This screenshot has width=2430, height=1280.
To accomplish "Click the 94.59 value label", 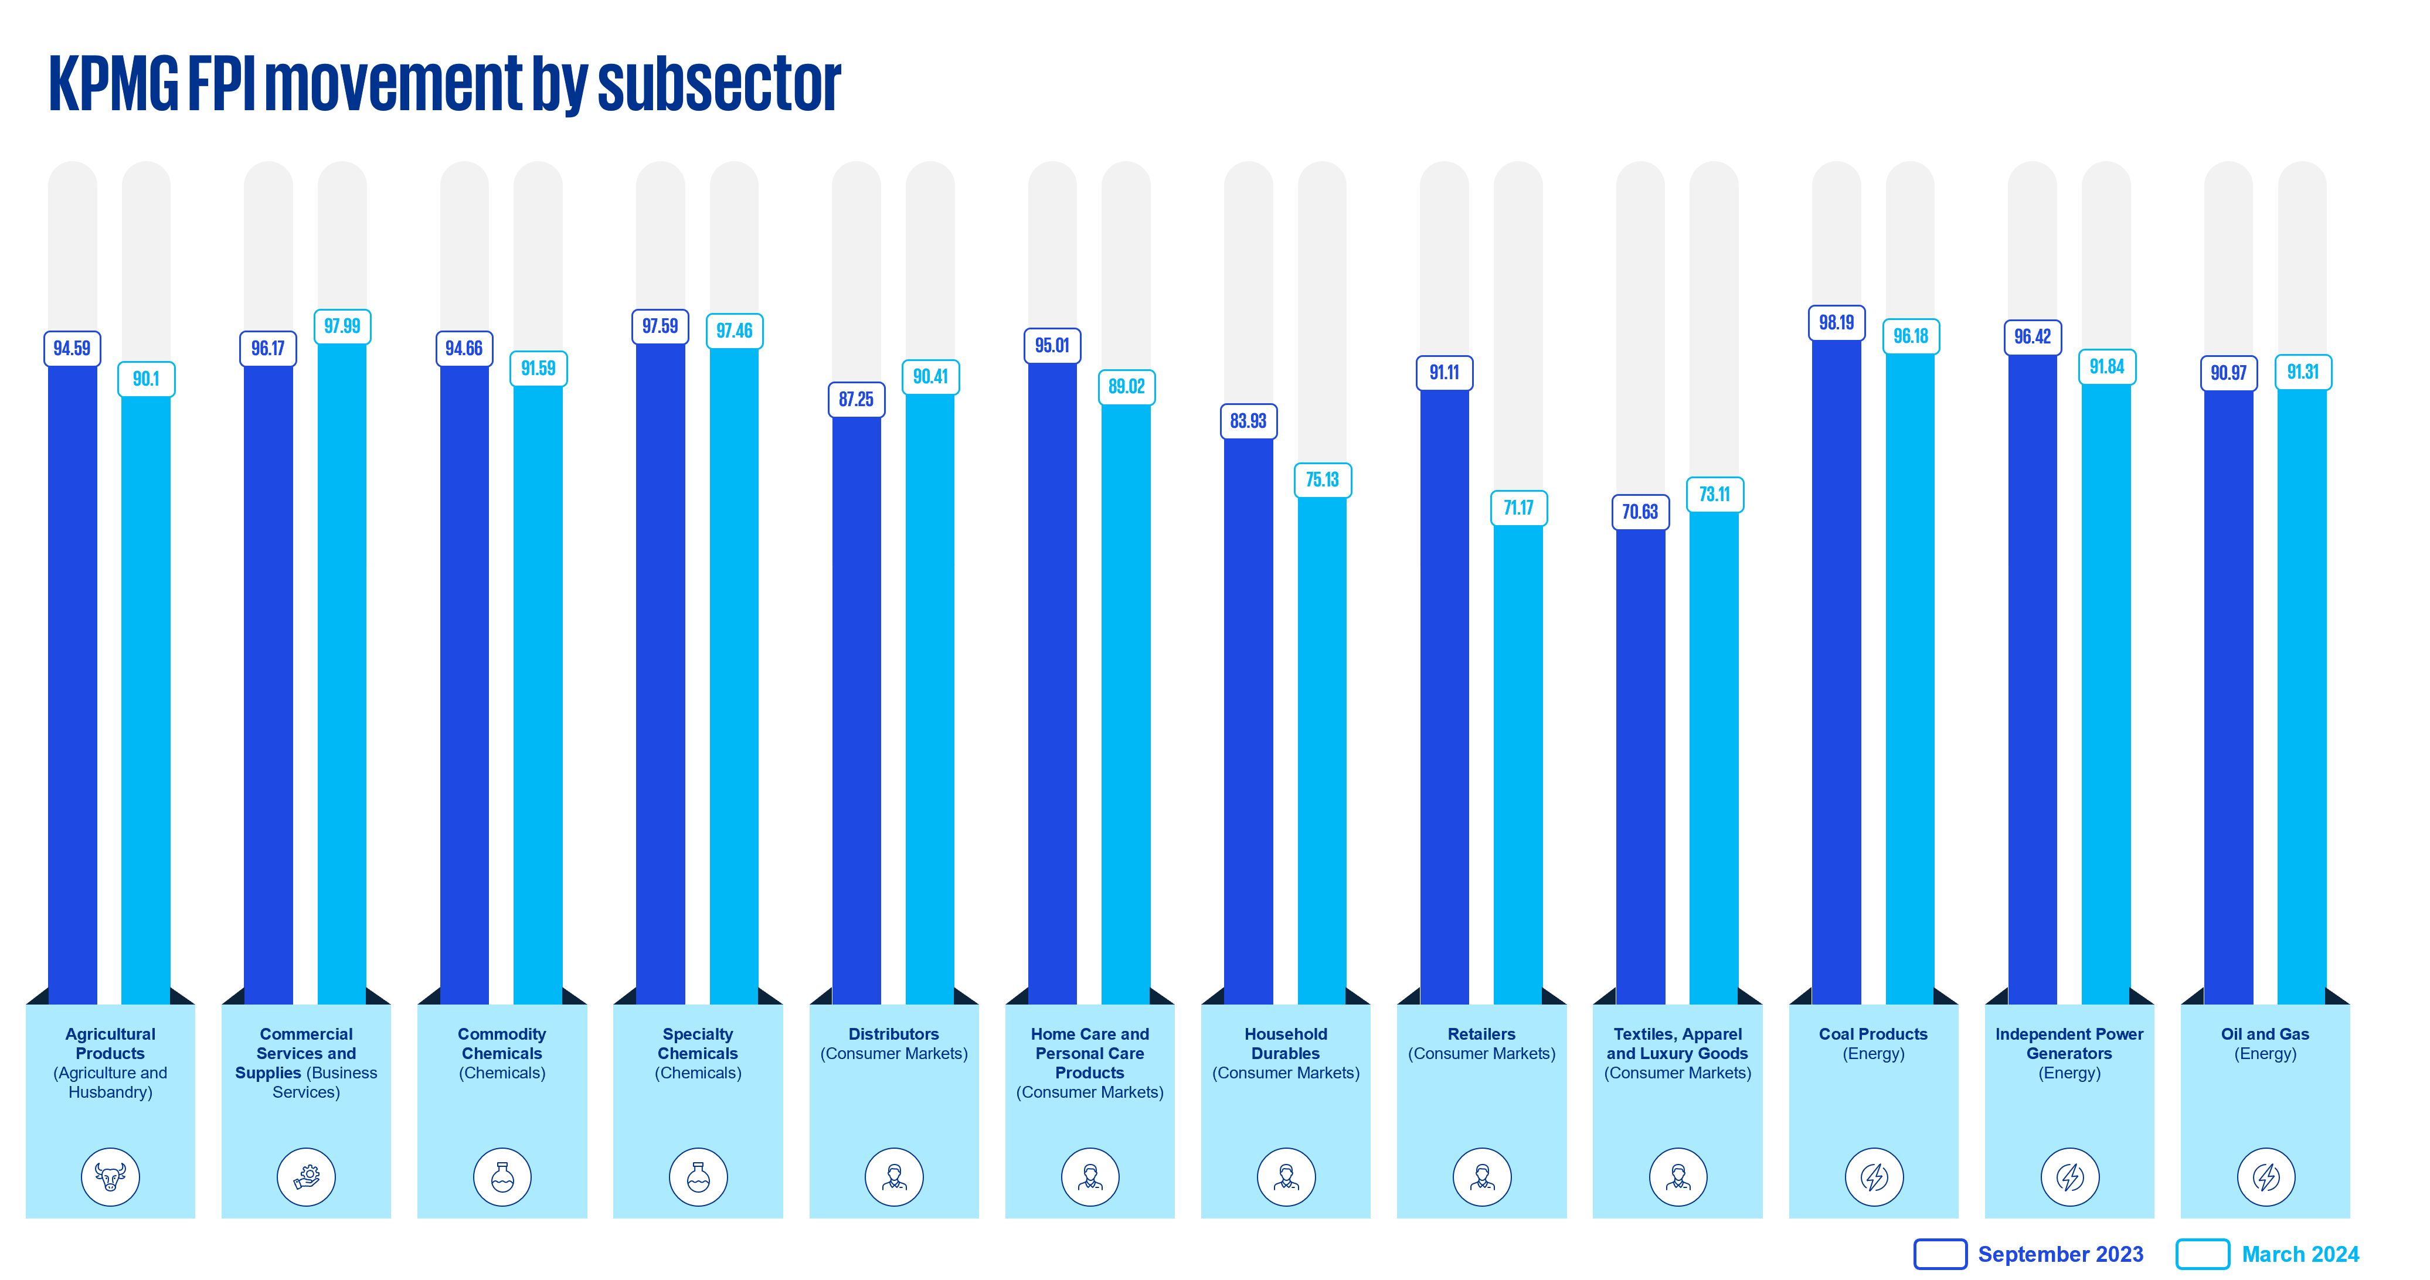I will coord(72,348).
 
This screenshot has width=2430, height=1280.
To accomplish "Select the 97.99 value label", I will coord(341,326).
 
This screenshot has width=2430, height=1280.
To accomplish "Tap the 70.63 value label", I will coord(1640,512).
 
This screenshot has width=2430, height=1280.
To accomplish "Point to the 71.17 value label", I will coord(1518,508).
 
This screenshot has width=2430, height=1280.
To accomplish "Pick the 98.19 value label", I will coord(1836,322).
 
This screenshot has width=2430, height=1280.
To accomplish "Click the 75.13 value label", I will coord(1321,480).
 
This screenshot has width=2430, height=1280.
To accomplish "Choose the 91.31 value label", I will coord(2303,372).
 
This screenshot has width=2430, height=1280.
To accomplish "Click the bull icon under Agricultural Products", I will coord(110,1176).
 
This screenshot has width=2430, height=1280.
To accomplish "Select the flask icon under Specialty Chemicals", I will coord(698,1176).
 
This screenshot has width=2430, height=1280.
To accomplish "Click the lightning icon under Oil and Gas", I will coord(2266,1176).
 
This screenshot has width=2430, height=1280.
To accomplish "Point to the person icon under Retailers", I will coord(1482,1176).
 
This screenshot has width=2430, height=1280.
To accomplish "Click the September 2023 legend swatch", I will coord(1939,1254).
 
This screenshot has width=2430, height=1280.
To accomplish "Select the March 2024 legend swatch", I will coord(2202,1254).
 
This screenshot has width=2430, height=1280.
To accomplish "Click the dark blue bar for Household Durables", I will coord(1248,717).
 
